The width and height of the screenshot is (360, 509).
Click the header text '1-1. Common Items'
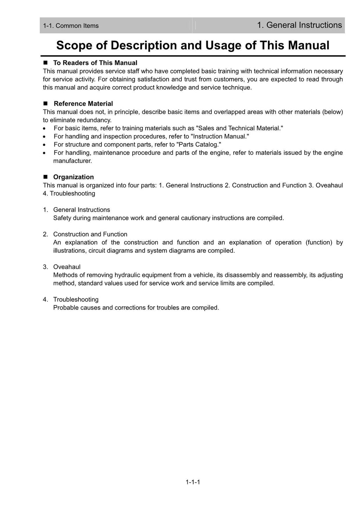click(x=71, y=26)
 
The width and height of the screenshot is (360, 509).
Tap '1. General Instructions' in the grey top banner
click(x=299, y=25)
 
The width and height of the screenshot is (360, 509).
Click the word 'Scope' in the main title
click(x=74, y=45)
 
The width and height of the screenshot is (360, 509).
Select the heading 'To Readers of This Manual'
click(x=95, y=63)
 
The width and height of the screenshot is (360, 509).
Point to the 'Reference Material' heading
click(x=83, y=104)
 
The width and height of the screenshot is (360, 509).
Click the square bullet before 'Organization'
click(x=45, y=177)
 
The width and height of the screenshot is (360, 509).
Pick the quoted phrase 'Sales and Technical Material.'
click(x=239, y=128)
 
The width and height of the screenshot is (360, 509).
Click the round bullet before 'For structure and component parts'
click(x=44, y=145)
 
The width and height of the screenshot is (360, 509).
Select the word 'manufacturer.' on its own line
click(x=72, y=161)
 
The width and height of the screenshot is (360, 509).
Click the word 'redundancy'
click(x=94, y=120)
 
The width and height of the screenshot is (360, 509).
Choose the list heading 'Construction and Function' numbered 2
click(x=90, y=234)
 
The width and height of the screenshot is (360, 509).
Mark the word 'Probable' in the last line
click(x=65, y=308)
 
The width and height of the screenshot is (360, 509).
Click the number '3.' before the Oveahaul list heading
click(x=45, y=267)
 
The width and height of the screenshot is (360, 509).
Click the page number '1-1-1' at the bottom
click(x=193, y=482)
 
